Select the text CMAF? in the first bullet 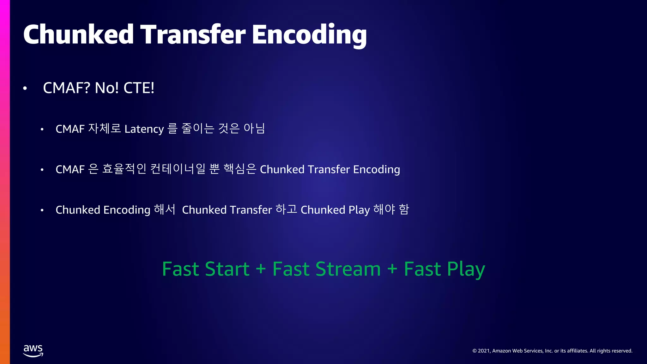point(66,88)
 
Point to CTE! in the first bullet point(139,88)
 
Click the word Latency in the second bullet point(144,129)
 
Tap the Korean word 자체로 point(105,129)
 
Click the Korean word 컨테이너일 point(178,169)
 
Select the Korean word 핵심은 point(240,169)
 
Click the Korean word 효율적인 point(124,169)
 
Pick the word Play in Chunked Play point(359,210)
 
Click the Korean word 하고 point(286,209)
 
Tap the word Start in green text point(227,269)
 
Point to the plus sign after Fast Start point(261,269)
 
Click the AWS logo point(33,351)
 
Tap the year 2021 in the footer point(484,351)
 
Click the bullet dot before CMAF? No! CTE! point(25,89)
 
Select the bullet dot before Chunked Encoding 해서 point(42,210)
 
